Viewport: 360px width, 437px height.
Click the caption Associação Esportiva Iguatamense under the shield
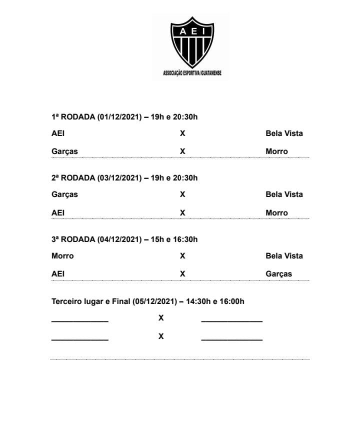coord(192,73)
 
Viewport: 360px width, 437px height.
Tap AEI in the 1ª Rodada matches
coord(58,133)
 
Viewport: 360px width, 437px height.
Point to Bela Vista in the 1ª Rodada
coord(284,133)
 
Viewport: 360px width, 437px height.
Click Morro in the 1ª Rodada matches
coord(276,151)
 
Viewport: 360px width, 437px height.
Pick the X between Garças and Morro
coord(182,151)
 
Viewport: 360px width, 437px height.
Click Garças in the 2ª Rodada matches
coord(64,194)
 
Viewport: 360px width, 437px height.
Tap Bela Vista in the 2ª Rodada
coord(284,194)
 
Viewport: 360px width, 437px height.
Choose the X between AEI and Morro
coord(182,213)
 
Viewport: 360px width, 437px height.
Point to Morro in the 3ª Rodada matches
coord(62,256)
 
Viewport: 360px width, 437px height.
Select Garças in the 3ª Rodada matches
coord(278,274)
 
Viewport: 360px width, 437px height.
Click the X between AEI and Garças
coord(182,274)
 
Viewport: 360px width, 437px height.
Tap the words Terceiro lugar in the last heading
coord(75,301)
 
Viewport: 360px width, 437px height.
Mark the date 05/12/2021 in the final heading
coord(155,301)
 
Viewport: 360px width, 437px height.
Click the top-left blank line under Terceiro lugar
coord(80,320)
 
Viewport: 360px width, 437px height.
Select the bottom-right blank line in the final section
coord(231,339)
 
